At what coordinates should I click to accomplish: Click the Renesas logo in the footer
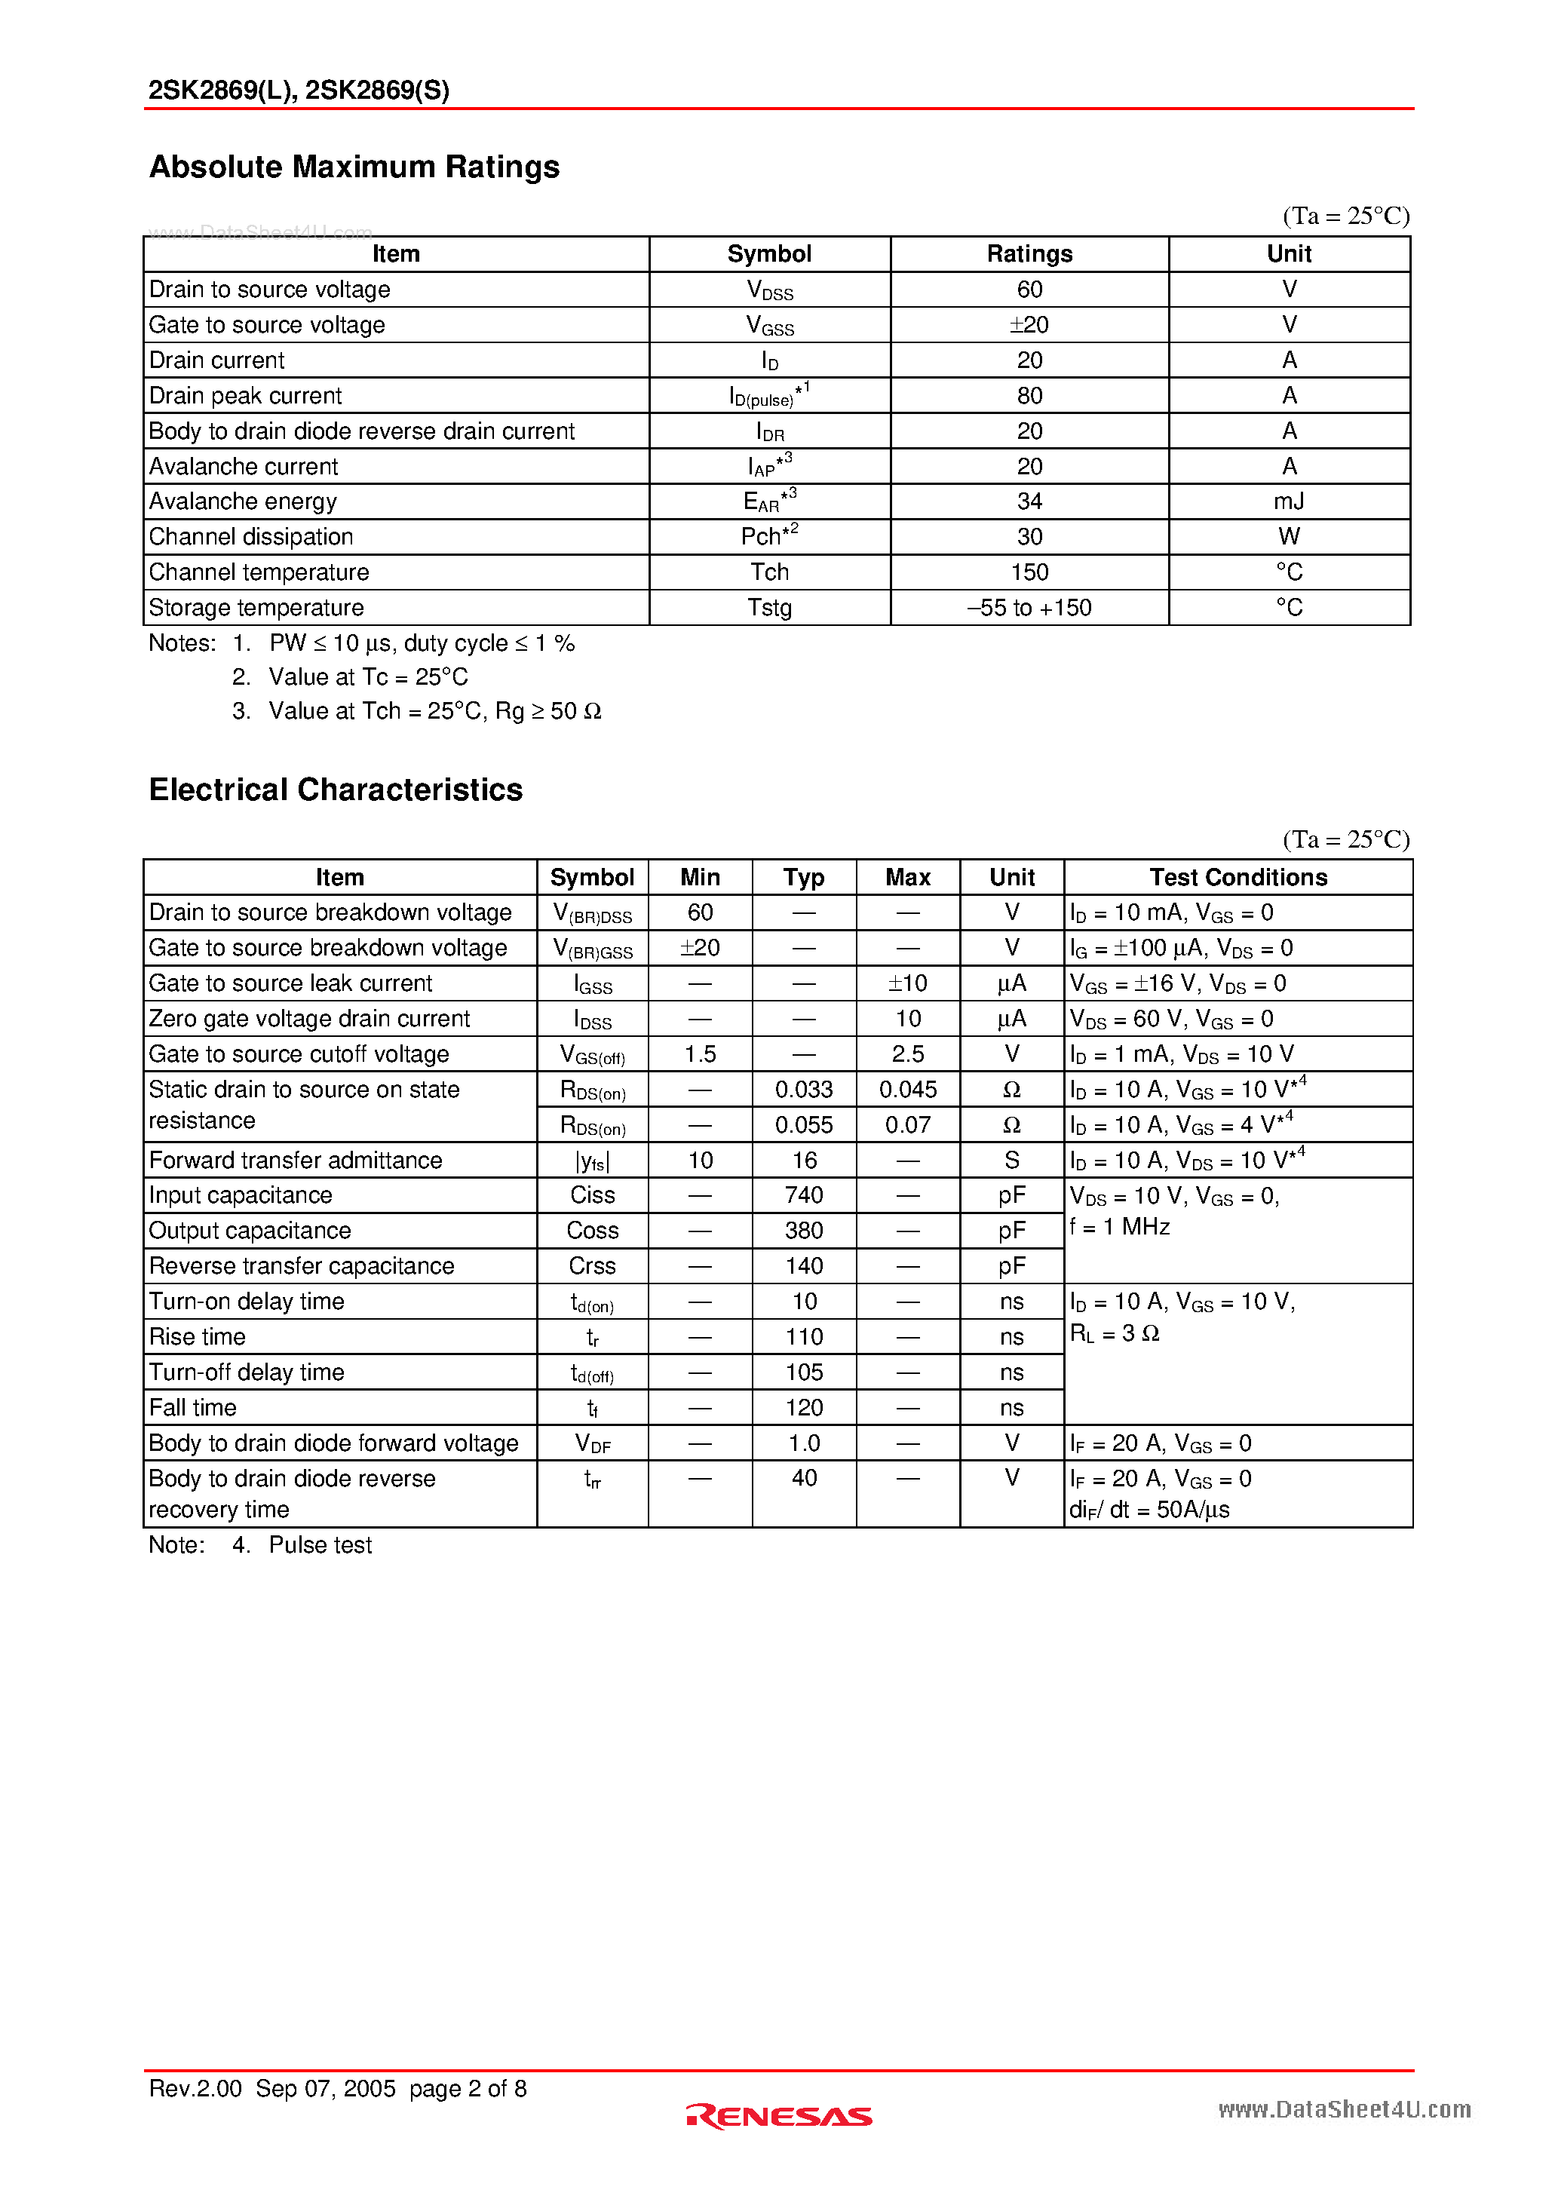(x=779, y=2116)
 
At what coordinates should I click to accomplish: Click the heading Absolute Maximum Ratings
(x=354, y=167)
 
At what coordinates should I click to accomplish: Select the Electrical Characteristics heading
(x=336, y=790)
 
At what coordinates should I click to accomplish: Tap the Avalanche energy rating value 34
(x=1029, y=501)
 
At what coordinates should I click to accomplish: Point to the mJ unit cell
(x=1288, y=501)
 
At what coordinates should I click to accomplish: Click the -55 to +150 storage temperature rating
(x=1029, y=608)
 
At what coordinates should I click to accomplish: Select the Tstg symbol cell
(x=769, y=608)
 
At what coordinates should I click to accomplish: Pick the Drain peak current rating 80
(x=1029, y=396)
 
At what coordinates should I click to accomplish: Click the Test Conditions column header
(x=1238, y=877)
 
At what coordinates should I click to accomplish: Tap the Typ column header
(x=803, y=877)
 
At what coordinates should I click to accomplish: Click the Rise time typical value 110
(x=803, y=1337)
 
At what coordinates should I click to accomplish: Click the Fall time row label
(x=193, y=1408)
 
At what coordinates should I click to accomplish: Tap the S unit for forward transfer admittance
(x=1011, y=1160)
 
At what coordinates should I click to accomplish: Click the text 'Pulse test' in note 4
(x=320, y=1545)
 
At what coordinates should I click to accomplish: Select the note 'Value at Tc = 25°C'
(x=368, y=677)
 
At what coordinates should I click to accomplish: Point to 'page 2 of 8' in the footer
(x=467, y=2089)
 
